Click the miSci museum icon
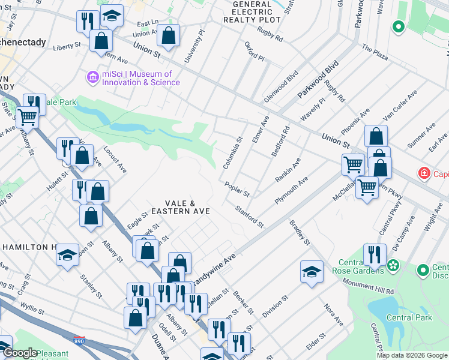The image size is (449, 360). (x=92, y=77)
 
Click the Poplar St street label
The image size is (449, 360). (x=237, y=190)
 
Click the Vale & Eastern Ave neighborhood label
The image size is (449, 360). (x=180, y=208)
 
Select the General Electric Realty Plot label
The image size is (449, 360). (x=252, y=12)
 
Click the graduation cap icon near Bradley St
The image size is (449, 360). (x=312, y=272)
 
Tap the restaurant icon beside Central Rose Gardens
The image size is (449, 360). (x=374, y=255)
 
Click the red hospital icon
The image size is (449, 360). (x=424, y=174)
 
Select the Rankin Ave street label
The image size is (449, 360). (x=288, y=172)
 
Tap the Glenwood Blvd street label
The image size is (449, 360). (x=281, y=86)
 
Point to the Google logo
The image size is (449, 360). (x=20, y=353)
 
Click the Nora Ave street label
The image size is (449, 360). (x=334, y=315)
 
